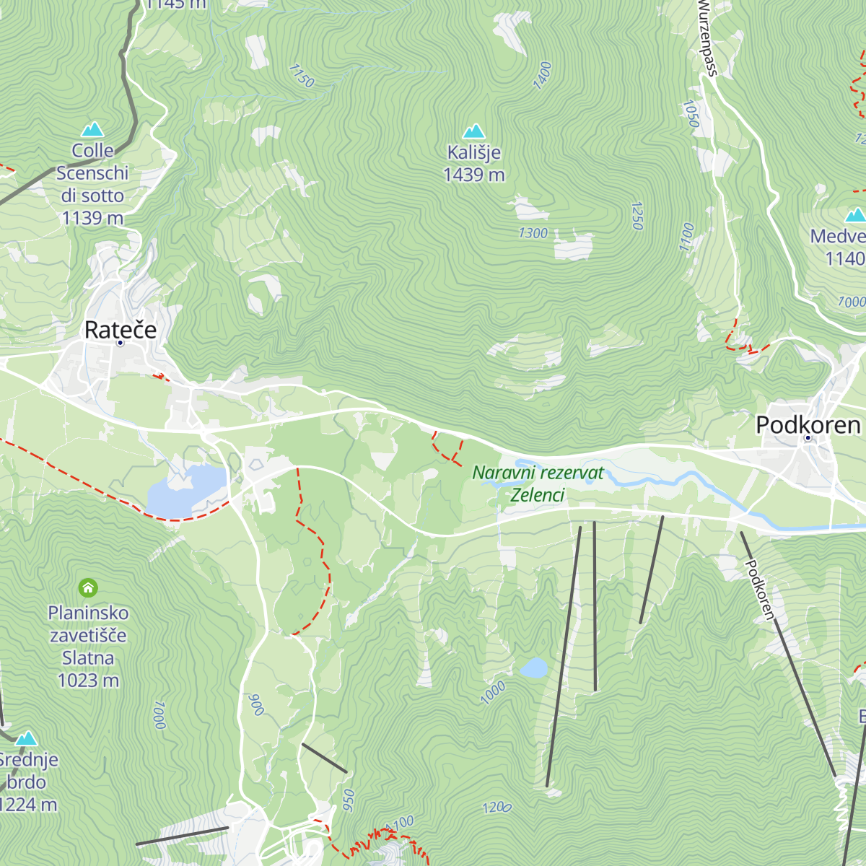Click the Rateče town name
click(121, 330)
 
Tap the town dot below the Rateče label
click(120, 344)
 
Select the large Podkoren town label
click(808, 425)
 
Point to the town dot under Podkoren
click(808, 438)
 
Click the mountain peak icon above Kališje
click(473, 131)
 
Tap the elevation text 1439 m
click(473, 175)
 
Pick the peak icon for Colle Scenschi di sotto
click(92, 130)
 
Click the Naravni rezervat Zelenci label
click(538, 484)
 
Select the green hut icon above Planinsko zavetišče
click(88, 588)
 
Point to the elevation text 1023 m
click(88, 680)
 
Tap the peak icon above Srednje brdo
click(27, 738)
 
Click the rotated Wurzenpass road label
click(708, 38)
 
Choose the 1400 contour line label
click(542, 76)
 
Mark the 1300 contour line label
click(533, 233)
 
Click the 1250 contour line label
click(637, 216)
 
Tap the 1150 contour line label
click(302, 76)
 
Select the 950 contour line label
click(349, 800)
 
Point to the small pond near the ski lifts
click(533, 668)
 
